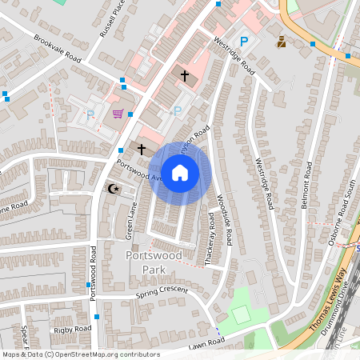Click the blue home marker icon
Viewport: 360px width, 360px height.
[180, 172]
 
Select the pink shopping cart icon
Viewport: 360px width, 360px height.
[118, 114]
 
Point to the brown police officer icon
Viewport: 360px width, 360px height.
[282, 41]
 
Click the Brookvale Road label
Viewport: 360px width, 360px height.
[59, 47]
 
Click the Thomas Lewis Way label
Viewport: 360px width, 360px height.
[329, 300]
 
